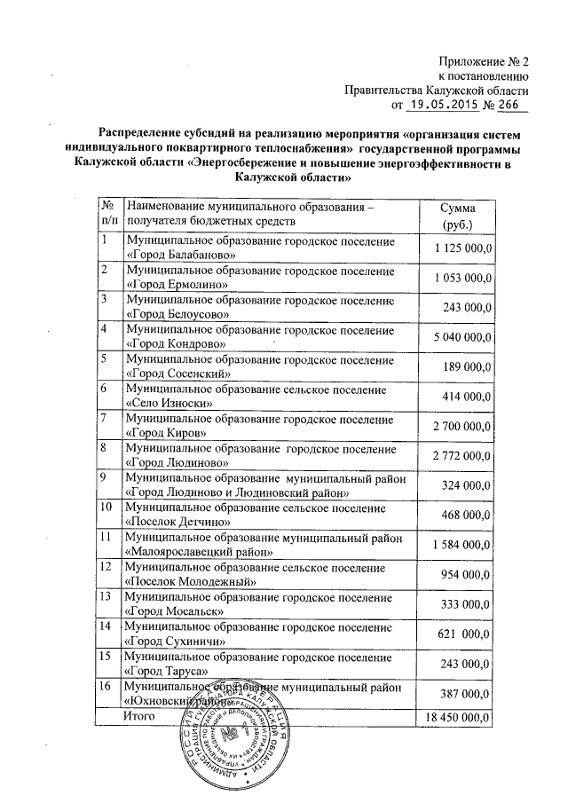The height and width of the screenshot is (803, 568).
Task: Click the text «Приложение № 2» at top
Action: [484, 62]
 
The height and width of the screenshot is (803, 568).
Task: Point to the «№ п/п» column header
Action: [109, 216]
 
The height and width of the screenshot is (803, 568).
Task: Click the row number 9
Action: [105, 477]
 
